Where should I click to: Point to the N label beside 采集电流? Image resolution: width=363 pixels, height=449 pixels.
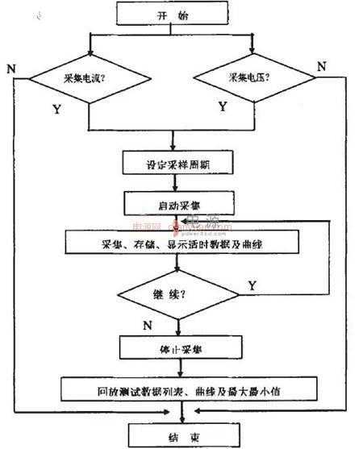[x=11, y=67]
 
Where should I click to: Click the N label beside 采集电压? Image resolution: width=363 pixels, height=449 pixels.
[x=321, y=66]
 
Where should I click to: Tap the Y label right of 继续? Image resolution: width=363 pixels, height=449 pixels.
[x=252, y=285]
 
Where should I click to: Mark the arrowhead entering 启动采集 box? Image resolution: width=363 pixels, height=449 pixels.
[x=179, y=187]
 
